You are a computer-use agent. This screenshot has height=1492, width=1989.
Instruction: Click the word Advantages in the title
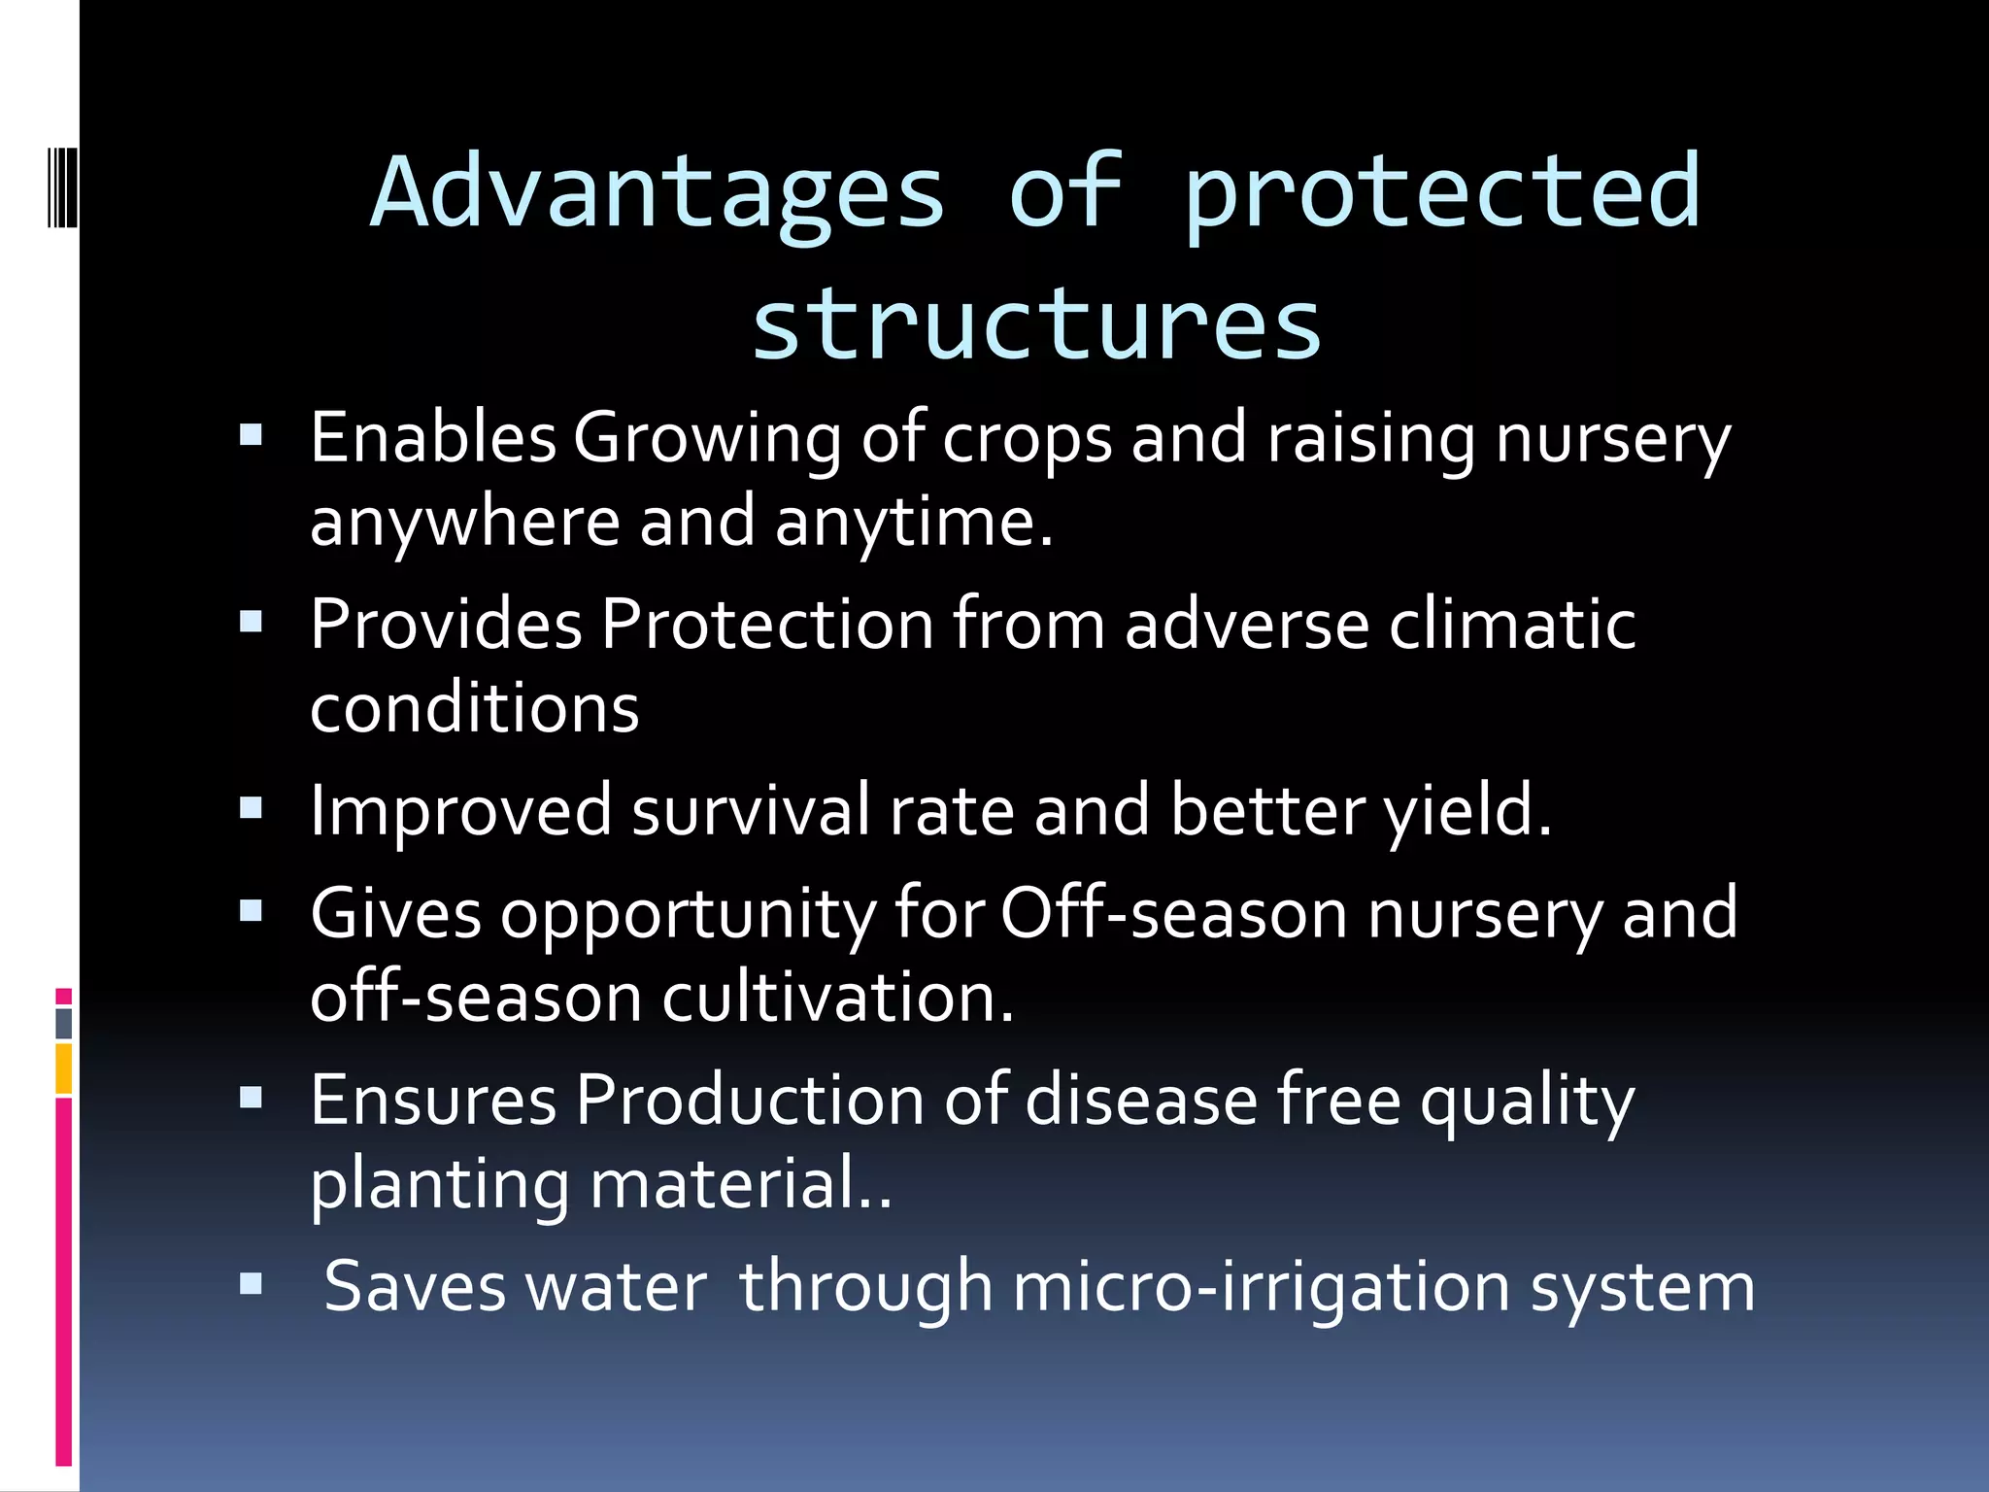(x=657, y=194)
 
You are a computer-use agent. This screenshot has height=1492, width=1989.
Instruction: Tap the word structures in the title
(x=1036, y=325)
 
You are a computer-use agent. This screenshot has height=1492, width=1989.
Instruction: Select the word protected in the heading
(x=1442, y=194)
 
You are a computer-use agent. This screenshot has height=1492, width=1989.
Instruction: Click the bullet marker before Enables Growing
(x=252, y=434)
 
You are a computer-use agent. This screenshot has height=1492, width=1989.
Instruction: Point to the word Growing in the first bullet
(x=707, y=439)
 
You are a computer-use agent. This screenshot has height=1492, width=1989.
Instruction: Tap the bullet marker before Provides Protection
(x=252, y=621)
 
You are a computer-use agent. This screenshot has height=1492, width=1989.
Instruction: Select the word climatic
(x=1512, y=625)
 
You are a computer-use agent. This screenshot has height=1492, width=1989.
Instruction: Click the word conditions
(x=474, y=708)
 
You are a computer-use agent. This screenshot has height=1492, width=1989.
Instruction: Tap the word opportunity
(x=689, y=915)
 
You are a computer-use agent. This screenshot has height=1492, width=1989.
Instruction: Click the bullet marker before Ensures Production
(x=252, y=1099)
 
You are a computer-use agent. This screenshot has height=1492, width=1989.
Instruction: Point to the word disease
(x=1141, y=1102)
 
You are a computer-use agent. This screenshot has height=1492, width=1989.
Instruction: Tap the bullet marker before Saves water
(x=252, y=1285)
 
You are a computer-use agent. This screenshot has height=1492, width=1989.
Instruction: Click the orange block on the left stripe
(x=63, y=1069)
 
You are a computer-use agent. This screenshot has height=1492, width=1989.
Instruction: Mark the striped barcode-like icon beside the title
(x=62, y=186)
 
